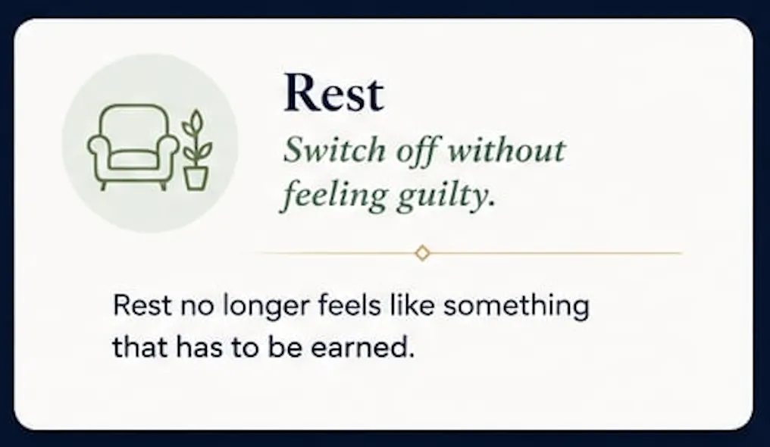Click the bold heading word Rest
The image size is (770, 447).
click(x=333, y=92)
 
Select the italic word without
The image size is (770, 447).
click(x=506, y=150)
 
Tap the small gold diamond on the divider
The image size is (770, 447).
click(x=422, y=253)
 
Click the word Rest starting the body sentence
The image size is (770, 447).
click(x=142, y=305)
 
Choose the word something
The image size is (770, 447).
click(x=516, y=307)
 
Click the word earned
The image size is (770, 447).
click(x=362, y=348)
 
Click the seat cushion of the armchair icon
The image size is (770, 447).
click(x=133, y=159)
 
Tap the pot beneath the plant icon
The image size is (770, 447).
click(x=196, y=178)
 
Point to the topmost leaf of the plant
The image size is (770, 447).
click(x=196, y=120)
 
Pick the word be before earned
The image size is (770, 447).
click(x=285, y=348)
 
